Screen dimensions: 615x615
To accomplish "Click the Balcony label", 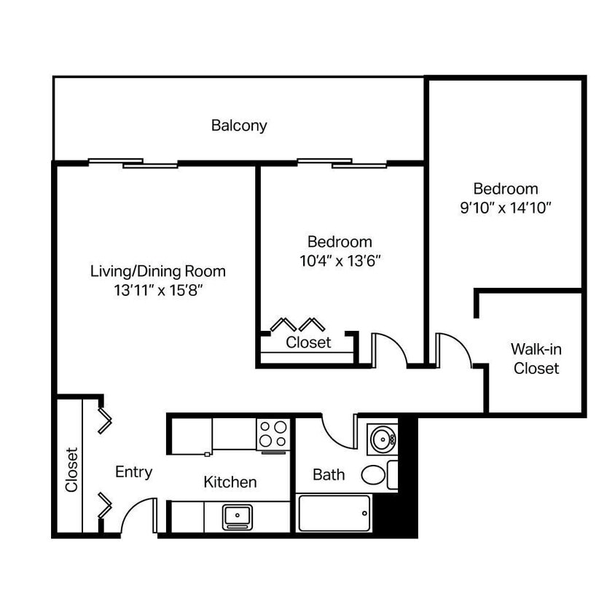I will coord(239,125).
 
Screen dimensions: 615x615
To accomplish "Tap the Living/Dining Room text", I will coord(157,271).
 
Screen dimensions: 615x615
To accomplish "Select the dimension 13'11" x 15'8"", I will coord(157,290).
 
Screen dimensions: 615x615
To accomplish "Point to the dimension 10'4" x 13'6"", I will coord(340,260).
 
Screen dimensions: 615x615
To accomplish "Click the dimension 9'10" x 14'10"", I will coord(505,207).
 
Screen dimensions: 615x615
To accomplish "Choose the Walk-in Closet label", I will coord(536,359).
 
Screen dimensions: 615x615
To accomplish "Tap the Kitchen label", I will coord(230,482).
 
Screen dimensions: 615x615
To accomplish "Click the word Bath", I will coord(329,475).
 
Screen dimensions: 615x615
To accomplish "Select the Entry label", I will coord(134,472).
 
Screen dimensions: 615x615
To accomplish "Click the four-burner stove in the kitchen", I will coord(273,434).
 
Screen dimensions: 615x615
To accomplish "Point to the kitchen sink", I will coord(237,516).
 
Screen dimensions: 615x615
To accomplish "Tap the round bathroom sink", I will coord(381,439).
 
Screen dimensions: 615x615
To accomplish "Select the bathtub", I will coord(334,513).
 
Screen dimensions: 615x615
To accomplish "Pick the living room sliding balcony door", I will coord(133,162).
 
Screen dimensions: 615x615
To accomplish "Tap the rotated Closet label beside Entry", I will coord(71,470).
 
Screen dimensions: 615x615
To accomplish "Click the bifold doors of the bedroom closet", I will coord(297,324).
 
